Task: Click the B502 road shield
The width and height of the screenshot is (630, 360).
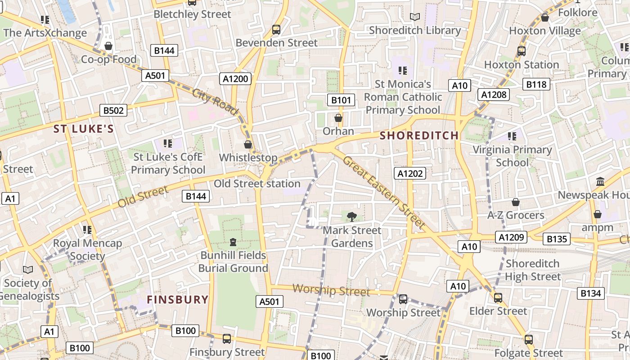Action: [x=113, y=110]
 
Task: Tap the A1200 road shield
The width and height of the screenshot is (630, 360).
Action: [x=236, y=79]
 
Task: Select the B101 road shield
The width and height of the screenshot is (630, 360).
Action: [x=341, y=100]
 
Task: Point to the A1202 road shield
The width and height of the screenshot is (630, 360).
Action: [x=410, y=173]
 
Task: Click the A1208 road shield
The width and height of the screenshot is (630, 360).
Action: [x=494, y=94]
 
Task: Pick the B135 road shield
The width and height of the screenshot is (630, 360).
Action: [x=557, y=239]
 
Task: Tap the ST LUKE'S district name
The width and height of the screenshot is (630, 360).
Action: [x=84, y=129]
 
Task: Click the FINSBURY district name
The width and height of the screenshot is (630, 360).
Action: [x=178, y=300]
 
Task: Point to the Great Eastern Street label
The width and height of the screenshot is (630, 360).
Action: [x=384, y=193]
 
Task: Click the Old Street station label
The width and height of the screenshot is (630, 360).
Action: [x=257, y=184]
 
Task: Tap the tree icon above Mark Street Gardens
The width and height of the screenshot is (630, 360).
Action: [x=352, y=217]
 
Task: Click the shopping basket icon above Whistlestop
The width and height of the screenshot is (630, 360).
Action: [x=247, y=144]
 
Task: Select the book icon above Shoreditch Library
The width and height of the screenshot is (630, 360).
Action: [x=415, y=17]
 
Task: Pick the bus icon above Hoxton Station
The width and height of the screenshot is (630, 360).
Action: [x=522, y=51]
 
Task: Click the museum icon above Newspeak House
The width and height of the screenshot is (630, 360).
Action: [x=600, y=182]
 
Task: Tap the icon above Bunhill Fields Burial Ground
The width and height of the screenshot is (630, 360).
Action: [x=233, y=242]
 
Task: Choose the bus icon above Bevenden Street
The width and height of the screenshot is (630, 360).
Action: [x=276, y=30]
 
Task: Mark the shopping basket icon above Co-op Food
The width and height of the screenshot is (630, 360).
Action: [x=108, y=46]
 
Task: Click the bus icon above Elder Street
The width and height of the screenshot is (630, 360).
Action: [x=498, y=298]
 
